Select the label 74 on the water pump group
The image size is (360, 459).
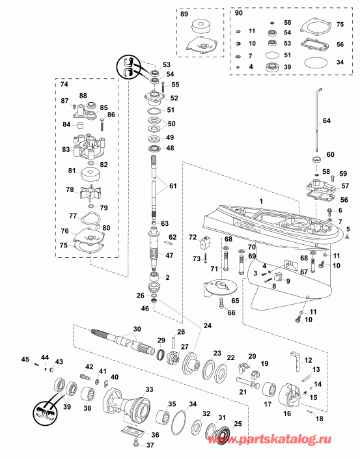[x=64, y=85]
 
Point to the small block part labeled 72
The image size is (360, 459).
[x=207, y=245]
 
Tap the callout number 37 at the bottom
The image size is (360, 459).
[x=150, y=446]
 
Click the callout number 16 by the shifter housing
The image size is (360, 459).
[x=287, y=413]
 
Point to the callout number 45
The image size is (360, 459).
[x=25, y=359]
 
